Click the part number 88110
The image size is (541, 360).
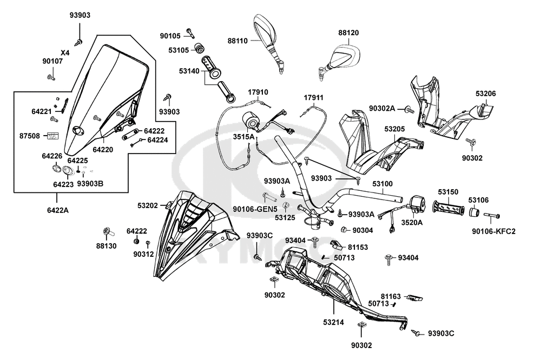[x=237, y=41]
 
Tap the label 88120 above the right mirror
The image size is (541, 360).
[x=348, y=32]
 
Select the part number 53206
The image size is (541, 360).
[x=485, y=94]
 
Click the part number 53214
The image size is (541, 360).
[x=333, y=323]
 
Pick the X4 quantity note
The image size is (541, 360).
[x=65, y=52]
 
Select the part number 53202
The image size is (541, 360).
[x=147, y=205]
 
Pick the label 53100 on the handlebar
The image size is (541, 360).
[x=384, y=184]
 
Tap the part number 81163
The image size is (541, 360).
[x=390, y=296]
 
